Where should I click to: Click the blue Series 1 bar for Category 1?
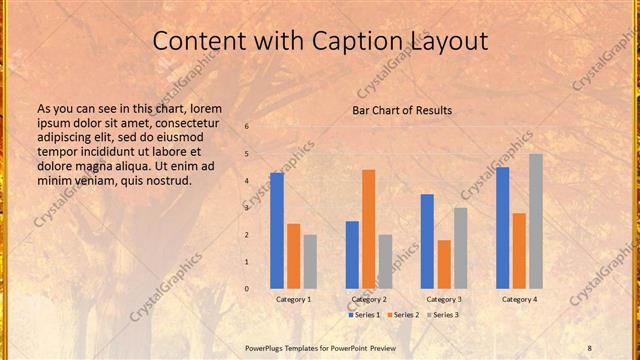[277, 230]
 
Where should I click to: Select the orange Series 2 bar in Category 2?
[368, 229]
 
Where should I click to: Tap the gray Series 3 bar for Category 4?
[536, 221]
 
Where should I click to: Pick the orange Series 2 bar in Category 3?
[444, 264]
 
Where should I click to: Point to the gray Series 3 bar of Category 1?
[310, 261]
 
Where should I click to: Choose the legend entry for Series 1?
[363, 315]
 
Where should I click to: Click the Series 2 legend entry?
[403, 315]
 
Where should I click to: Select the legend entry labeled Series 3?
[443, 315]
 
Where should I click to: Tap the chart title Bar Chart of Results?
[402, 110]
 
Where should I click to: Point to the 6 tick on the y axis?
[247, 127]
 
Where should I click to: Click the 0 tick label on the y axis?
[247, 289]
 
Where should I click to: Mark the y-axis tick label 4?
[247, 181]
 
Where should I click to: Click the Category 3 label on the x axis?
[444, 299]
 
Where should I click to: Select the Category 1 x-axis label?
[293, 299]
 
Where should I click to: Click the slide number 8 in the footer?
[590, 347]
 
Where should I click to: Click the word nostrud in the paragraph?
[167, 180]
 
